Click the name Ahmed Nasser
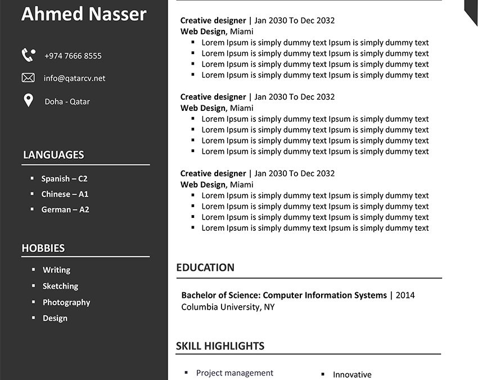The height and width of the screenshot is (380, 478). (x=84, y=14)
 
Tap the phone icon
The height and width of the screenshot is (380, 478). (x=28, y=55)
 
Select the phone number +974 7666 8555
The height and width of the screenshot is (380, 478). (x=73, y=56)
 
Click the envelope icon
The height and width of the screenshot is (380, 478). (x=28, y=78)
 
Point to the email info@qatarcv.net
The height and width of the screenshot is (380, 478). (x=74, y=78)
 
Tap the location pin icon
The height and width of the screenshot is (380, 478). (x=28, y=101)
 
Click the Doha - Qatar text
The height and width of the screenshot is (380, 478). (x=67, y=102)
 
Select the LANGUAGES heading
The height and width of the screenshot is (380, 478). (x=53, y=155)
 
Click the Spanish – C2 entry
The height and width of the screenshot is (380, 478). (x=64, y=178)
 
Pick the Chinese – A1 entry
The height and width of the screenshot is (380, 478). (x=65, y=194)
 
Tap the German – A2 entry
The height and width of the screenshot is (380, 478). (x=65, y=209)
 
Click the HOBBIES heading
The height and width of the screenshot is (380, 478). (x=43, y=248)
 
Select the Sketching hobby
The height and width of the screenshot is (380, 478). (x=60, y=286)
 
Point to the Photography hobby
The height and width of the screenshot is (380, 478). (x=66, y=302)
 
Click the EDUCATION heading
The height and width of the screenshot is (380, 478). (x=205, y=267)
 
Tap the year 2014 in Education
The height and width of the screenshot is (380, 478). (x=405, y=295)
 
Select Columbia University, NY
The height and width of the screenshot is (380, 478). (x=228, y=307)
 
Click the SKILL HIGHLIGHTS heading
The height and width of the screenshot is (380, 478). (x=220, y=346)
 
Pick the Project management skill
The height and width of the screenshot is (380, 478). (x=235, y=373)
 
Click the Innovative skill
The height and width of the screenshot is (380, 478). (x=352, y=374)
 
